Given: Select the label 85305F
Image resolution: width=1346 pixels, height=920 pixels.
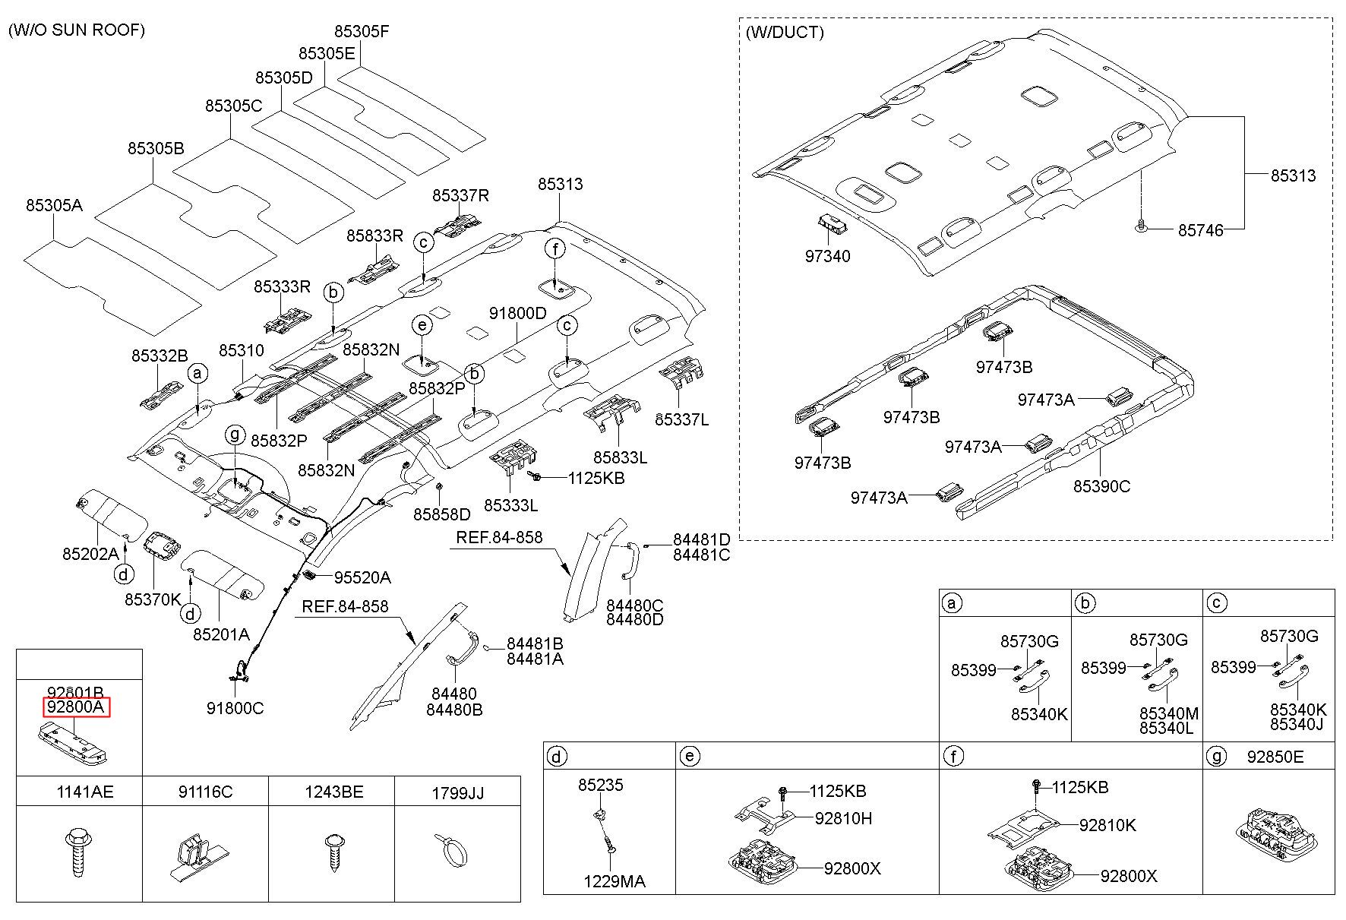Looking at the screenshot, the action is [x=362, y=32].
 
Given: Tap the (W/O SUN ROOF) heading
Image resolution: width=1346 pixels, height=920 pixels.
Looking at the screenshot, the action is [x=77, y=30].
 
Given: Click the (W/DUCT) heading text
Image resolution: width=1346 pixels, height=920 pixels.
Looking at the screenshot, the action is [x=785, y=32].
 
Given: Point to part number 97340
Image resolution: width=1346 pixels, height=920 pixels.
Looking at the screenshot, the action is [x=828, y=256].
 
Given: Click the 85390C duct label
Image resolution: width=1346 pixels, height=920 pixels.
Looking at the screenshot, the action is [x=1101, y=486].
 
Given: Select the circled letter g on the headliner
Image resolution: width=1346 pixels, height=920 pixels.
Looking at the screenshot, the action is [x=235, y=434].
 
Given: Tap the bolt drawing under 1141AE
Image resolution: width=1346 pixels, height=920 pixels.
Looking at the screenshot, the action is [x=77, y=855].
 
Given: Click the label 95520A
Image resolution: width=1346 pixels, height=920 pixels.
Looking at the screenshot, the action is [x=362, y=577].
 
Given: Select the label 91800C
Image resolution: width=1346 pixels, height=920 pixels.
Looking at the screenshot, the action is [x=235, y=708].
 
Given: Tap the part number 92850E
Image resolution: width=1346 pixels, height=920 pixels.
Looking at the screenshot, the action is [x=1275, y=757].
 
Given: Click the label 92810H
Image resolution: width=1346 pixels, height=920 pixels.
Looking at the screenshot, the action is [x=843, y=818].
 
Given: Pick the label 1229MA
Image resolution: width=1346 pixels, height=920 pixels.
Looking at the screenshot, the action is [x=614, y=881].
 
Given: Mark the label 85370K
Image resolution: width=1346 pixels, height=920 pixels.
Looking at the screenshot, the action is [x=153, y=599].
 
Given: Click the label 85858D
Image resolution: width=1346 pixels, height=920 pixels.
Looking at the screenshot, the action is [x=441, y=514].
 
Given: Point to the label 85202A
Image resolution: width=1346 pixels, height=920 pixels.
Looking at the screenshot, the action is [x=90, y=554].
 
